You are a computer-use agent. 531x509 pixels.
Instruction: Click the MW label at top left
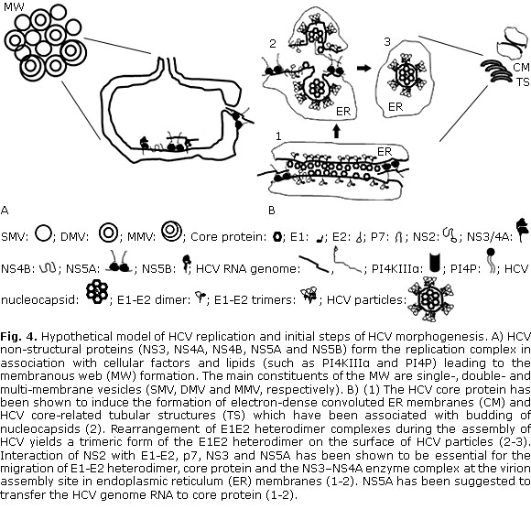click(14, 5)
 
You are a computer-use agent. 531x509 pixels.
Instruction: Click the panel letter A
click(5, 211)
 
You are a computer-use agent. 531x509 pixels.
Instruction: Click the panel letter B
click(271, 211)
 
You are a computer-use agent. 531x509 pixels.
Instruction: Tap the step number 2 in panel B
click(273, 43)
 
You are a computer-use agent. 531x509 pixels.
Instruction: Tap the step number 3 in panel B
click(387, 42)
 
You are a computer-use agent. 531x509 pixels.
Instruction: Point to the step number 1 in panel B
click(278, 136)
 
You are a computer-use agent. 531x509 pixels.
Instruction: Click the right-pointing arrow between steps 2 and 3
click(363, 69)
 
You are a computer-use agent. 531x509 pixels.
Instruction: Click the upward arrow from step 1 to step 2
click(336, 132)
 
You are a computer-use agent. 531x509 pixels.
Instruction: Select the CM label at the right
click(521, 68)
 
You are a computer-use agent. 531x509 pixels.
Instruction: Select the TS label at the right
click(523, 82)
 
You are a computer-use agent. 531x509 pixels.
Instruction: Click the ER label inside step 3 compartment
click(396, 107)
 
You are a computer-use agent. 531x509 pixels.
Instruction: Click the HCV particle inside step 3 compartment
click(406, 75)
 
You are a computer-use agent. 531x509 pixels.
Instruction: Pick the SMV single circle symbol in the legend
click(43, 233)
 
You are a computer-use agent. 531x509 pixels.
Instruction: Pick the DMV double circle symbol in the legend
click(108, 233)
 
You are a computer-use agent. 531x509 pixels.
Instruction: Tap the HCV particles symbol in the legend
click(431, 298)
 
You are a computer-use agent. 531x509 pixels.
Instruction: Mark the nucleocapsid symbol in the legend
click(97, 291)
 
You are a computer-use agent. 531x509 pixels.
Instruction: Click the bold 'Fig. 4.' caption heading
click(20, 337)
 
